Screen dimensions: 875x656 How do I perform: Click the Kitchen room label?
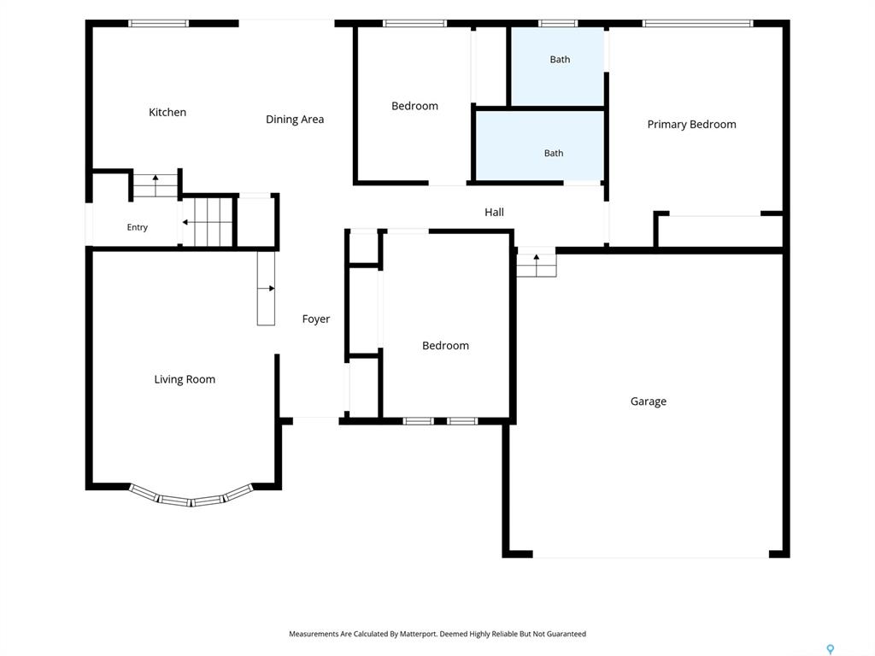point(167,112)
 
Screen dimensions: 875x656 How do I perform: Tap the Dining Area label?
point(295,120)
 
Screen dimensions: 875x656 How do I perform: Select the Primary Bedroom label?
point(691,125)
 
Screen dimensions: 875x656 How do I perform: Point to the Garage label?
point(649,401)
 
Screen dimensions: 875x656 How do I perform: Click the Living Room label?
point(185,379)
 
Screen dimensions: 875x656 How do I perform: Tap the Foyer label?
point(316,319)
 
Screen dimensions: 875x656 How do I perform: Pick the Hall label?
point(494,212)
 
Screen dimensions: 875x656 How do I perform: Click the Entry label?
point(138,227)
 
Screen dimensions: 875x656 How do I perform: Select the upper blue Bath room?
point(557,67)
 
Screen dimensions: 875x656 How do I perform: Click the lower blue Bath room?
point(540,145)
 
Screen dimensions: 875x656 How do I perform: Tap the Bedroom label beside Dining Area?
point(414,106)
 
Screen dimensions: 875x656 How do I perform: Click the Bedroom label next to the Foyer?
point(445,346)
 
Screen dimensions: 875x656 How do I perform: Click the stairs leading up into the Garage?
point(537,262)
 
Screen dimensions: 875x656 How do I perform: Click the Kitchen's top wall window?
point(158,23)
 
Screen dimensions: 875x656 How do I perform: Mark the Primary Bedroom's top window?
point(697,23)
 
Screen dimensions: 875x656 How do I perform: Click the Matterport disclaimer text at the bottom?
point(437,634)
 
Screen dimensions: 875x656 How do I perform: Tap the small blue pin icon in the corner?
point(831,649)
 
